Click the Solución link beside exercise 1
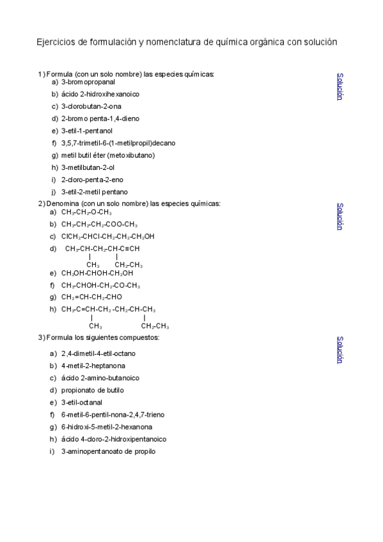340,86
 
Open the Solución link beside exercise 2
340,217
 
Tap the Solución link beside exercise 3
340,350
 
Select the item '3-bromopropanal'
88,82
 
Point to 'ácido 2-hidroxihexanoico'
100,94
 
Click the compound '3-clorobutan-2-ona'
91,106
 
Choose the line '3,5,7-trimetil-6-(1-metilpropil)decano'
118,143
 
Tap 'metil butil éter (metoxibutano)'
108,155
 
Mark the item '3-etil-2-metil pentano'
95,192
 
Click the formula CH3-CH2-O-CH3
87,212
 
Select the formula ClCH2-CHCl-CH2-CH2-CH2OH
108,236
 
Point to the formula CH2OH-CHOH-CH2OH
97,273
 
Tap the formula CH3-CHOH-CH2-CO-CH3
101,285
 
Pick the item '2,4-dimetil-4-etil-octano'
98,353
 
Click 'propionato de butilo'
93,390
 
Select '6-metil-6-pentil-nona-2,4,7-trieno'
113,414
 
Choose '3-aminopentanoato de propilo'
108,451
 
